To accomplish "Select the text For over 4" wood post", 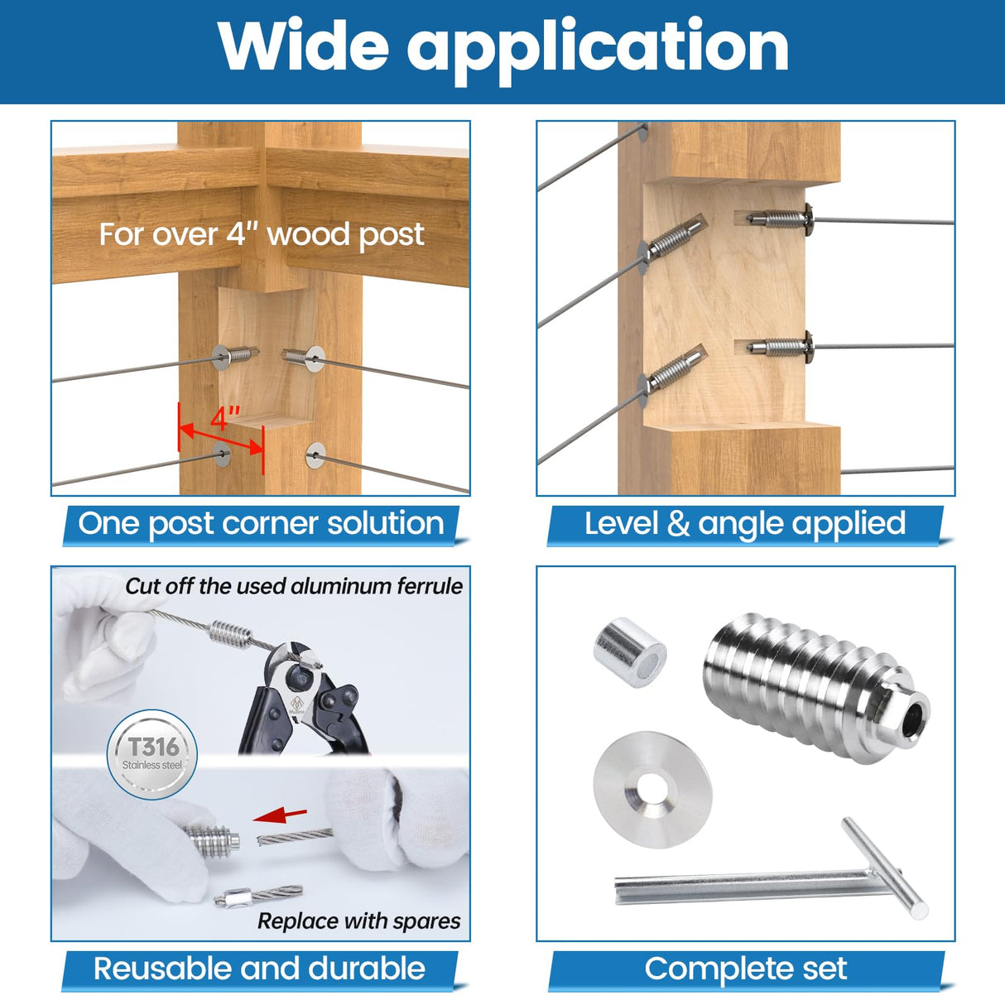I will pos(262,234).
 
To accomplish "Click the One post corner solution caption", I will pos(261,524).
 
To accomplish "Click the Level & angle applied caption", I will pos(745,524).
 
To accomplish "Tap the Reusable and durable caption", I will pos(259,969).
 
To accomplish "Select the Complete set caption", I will pos(745,969).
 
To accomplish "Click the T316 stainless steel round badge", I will pos(153,753).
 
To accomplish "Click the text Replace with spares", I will pos(358,921).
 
